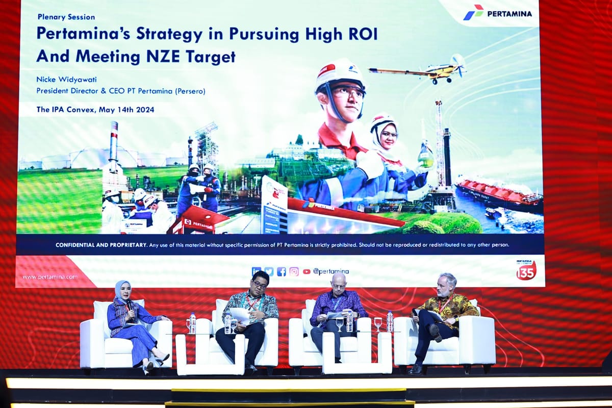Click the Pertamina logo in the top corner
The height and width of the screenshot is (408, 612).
click(497, 13)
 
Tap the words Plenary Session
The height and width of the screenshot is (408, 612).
click(66, 17)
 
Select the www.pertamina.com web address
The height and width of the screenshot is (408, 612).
click(50, 277)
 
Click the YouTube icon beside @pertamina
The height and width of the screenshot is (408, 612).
click(307, 272)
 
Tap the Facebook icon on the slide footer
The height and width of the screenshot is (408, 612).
click(282, 272)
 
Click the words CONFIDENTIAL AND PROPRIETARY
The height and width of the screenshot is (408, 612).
click(101, 245)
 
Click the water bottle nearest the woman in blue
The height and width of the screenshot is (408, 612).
click(193, 323)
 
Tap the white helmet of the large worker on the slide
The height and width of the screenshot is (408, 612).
click(339, 74)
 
